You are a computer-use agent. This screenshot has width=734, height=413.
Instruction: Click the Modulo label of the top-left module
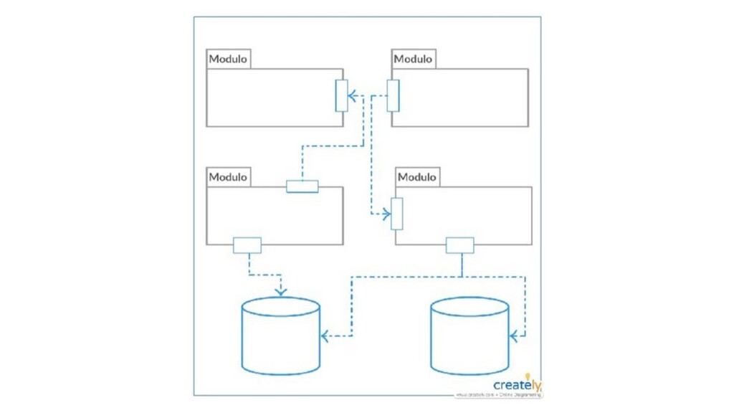pyautogui.click(x=228, y=59)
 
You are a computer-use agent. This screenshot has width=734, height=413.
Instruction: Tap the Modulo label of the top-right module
pyautogui.click(x=413, y=59)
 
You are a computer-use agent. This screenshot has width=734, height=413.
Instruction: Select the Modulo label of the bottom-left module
pyautogui.click(x=228, y=176)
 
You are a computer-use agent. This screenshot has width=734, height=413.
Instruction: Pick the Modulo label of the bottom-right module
pyautogui.click(x=417, y=176)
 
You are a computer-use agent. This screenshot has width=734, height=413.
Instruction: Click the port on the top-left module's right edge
pyautogui.click(x=341, y=96)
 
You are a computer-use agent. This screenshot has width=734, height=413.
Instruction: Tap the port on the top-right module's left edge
pyautogui.click(x=393, y=96)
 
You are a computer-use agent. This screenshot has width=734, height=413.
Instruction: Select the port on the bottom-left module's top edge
pyautogui.click(x=302, y=186)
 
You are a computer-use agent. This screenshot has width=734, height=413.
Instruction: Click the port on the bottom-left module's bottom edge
pyautogui.click(x=247, y=245)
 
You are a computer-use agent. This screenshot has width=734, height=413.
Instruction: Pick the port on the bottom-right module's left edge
pyautogui.click(x=397, y=214)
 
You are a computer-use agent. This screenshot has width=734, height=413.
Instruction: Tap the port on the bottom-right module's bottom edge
pyautogui.click(x=460, y=245)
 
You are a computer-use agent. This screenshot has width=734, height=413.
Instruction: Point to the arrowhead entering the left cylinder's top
pyautogui.click(x=280, y=292)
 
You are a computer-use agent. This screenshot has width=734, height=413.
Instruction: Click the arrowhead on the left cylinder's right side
pyautogui.click(x=325, y=336)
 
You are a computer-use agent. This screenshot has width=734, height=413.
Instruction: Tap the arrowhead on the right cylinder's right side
pyautogui.click(x=513, y=335)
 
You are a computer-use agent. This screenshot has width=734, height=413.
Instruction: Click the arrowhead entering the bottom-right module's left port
pyautogui.click(x=388, y=214)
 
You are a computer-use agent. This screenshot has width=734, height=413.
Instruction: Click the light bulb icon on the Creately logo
pyautogui.click(x=528, y=376)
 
